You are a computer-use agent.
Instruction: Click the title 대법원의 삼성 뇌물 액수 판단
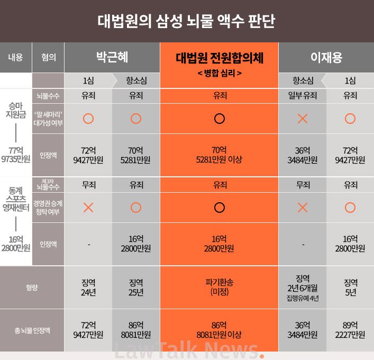187,21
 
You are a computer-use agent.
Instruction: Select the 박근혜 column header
112,57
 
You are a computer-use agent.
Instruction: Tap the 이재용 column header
326,57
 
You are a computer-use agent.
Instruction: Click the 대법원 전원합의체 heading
219,58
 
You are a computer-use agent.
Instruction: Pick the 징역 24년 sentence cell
88,287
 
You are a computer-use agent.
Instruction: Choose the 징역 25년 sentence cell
136,287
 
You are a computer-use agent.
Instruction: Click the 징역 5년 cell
350,287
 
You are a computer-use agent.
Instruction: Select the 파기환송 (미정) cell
219,287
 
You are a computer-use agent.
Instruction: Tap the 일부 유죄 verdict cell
303,96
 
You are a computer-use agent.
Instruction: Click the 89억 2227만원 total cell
350,330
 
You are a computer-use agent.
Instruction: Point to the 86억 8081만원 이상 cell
219,330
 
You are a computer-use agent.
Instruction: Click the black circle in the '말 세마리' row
219,119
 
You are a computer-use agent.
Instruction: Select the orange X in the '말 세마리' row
303,119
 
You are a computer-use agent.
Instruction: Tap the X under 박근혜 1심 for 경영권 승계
88,208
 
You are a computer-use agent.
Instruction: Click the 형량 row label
32,287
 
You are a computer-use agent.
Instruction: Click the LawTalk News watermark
188,350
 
